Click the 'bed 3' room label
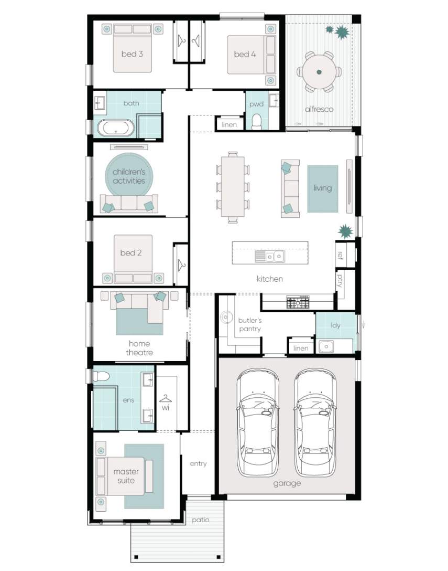pyautogui.click(x=132, y=54)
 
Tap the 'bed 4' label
pyautogui.click(x=245, y=54)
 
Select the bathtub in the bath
pyautogui.click(x=116, y=128)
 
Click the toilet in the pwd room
pyautogui.click(x=257, y=122)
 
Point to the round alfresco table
pyautogui.click(x=319, y=72)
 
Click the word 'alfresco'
pyautogui.click(x=319, y=109)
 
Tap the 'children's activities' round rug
pyautogui.click(x=129, y=176)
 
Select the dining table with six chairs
pyautogui.click(x=233, y=187)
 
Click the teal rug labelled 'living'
pyautogui.click(x=323, y=188)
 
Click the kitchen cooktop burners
pyautogui.click(x=298, y=302)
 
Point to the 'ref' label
pyautogui.click(x=340, y=255)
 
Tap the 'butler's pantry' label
pyautogui.click(x=250, y=324)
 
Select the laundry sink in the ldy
pyautogui.click(x=326, y=346)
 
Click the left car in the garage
pyautogui.click(x=258, y=422)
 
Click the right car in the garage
pyautogui.click(x=315, y=422)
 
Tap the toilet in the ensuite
pyautogui.click(x=101, y=376)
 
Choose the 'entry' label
pyautogui.click(x=198, y=463)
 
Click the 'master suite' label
pyautogui.click(x=126, y=476)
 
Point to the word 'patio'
pyautogui.click(x=201, y=520)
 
